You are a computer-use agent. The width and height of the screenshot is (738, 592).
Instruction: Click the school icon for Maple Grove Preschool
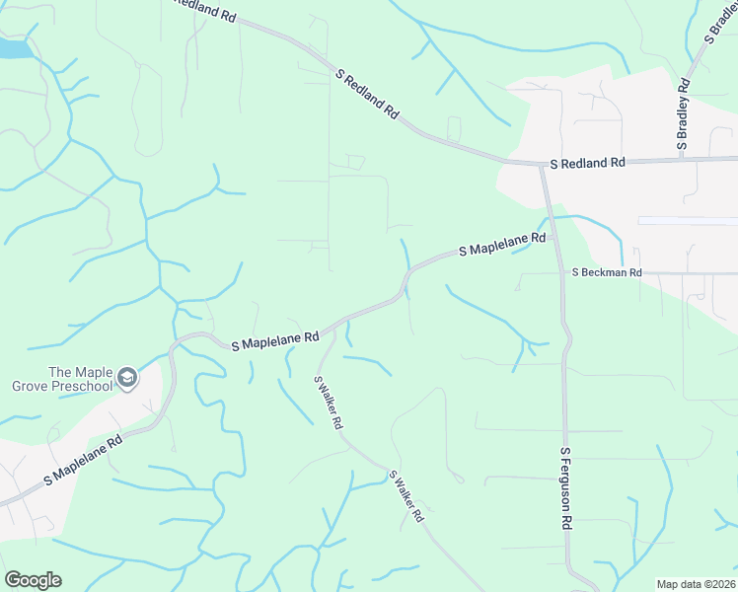click(126, 378)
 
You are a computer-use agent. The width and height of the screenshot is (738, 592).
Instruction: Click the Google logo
click(33, 580)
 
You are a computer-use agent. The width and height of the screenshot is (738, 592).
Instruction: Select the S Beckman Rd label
click(607, 272)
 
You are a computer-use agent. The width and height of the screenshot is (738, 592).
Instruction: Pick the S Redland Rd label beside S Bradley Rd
click(588, 162)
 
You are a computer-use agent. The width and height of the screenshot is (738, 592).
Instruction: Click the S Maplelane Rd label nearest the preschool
click(83, 462)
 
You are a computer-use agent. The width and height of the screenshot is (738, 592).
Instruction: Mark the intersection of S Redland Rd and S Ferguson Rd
click(542, 163)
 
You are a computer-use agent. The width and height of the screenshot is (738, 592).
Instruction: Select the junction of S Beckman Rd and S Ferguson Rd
click(560, 272)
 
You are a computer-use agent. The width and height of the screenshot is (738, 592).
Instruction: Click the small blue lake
click(12, 46)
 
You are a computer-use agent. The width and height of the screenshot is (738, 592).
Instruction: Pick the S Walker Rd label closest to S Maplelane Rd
click(329, 402)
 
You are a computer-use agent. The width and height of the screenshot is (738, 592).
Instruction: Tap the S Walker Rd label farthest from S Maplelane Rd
click(406, 495)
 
